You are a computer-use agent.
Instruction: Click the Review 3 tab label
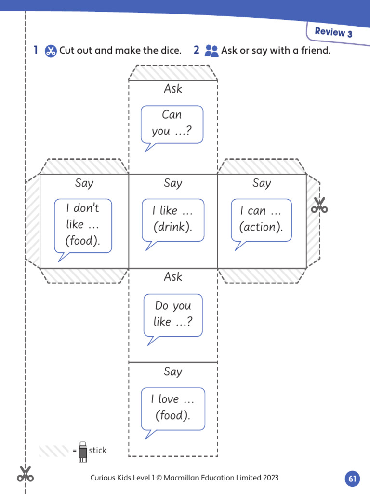[333, 32]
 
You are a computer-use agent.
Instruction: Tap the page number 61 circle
[352, 479]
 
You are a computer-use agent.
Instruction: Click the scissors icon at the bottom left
[25, 474]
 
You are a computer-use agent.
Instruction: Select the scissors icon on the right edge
[319, 205]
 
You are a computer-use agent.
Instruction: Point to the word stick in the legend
[98, 450]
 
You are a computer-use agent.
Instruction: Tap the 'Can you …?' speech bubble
[172, 123]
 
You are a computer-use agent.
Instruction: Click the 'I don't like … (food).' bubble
[83, 225]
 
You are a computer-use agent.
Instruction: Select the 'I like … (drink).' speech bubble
[172, 220]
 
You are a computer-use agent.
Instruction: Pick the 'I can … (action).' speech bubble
[261, 220]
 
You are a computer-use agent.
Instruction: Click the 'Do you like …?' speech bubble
[173, 315]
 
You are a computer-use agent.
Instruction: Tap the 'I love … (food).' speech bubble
[172, 408]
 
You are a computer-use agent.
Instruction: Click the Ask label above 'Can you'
[173, 89]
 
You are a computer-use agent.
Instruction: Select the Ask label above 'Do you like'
[173, 277]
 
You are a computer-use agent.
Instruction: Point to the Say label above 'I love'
[173, 371]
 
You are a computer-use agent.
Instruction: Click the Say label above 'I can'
[262, 183]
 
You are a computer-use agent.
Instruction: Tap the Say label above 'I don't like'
[84, 183]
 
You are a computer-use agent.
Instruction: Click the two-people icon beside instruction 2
[211, 51]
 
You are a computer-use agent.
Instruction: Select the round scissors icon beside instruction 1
[51, 51]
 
